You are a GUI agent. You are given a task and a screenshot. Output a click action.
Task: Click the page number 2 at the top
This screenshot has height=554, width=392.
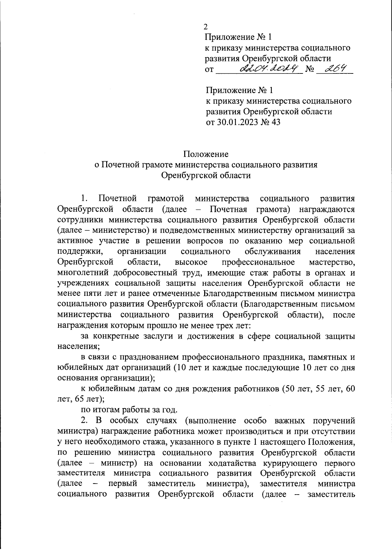205,27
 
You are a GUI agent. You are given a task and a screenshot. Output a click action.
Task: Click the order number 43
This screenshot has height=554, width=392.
275,122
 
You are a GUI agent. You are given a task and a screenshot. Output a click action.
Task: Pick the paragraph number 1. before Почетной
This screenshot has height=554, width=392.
84,198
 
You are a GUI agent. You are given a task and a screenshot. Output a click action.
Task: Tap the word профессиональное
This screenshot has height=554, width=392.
258,262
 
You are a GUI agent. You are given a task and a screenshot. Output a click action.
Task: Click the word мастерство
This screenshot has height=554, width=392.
332,262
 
